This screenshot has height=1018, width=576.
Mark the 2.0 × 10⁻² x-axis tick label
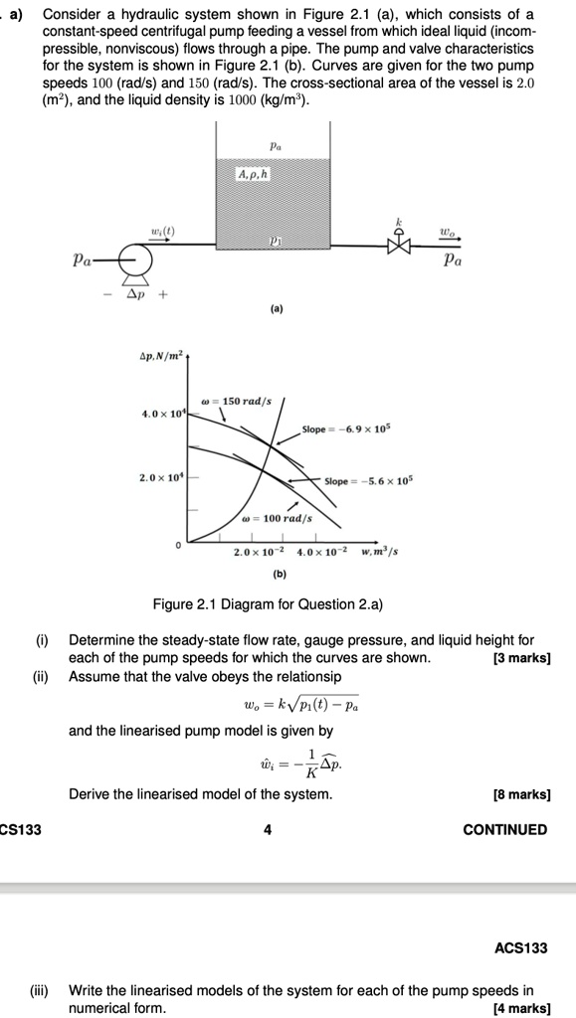[257, 551]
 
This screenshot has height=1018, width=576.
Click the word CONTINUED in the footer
[505, 830]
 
